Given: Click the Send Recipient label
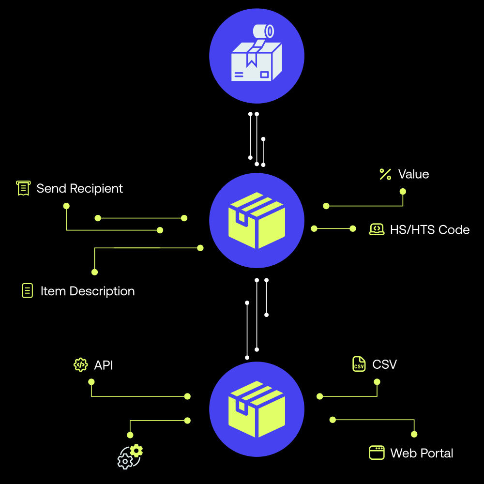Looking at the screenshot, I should (x=80, y=188).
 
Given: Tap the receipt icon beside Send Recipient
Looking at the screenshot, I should (x=23, y=188).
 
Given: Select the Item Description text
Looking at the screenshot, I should (x=88, y=291).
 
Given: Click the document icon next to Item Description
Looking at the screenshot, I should (x=28, y=290).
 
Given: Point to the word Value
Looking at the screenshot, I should (x=413, y=174).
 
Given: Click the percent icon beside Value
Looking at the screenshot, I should (x=385, y=174).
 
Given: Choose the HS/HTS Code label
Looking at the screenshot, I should (x=430, y=229).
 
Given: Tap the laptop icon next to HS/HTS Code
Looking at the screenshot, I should (x=377, y=229).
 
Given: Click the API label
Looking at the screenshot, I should (x=103, y=365).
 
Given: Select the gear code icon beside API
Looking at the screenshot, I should (x=80, y=364).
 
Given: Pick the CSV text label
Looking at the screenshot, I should (x=385, y=364).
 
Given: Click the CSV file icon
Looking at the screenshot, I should (x=359, y=364).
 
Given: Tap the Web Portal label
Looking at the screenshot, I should (x=422, y=453).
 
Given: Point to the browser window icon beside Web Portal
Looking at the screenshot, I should (x=377, y=453).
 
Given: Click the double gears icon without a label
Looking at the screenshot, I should (x=130, y=456).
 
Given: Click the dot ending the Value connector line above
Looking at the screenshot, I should (x=403, y=191).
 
